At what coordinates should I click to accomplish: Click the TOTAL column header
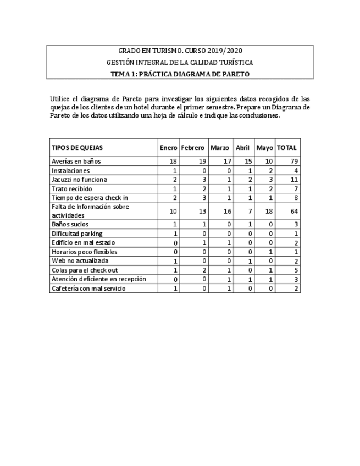287,148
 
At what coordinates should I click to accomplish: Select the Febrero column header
192,148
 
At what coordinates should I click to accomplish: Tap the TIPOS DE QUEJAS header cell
77,148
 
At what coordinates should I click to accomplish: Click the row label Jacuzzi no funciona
79,180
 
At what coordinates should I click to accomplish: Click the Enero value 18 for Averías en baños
173,162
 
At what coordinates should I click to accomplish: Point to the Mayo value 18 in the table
268,211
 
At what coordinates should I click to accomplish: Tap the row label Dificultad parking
77,234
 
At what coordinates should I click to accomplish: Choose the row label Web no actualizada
80,261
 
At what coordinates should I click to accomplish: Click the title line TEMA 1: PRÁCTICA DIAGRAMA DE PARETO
180,74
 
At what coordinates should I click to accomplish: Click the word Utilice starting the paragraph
60,99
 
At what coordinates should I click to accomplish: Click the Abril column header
242,148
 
